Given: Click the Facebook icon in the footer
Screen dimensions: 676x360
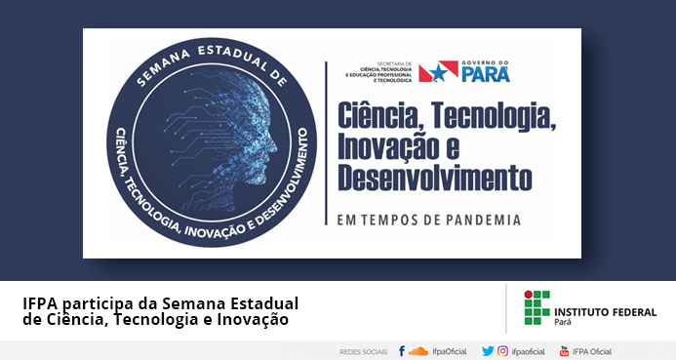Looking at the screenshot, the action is pyautogui.click(x=401, y=351).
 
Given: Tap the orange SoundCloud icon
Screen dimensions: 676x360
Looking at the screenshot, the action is pyautogui.click(x=418, y=351).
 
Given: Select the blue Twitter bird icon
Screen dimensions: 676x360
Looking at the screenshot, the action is pyautogui.click(x=488, y=351).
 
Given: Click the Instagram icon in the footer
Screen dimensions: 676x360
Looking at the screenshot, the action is pyautogui.click(x=502, y=351).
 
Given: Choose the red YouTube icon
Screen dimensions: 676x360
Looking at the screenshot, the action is pyautogui.click(x=564, y=351).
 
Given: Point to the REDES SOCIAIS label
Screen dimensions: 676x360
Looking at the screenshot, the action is pyautogui.click(x=364, y=352).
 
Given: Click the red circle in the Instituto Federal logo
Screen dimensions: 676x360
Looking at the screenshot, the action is pyautogui.click(x=529, y=295).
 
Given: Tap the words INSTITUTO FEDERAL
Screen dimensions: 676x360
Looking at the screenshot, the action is pyautogui.click(x=606, y=312).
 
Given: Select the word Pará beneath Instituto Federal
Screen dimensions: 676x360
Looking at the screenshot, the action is pyautogui.click(x=563, y=322).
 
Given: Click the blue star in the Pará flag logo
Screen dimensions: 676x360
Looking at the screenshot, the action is pyautogui.click(x=439, y=73).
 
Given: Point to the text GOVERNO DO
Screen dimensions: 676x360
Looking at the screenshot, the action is pyautogui.click(x=485, y=63).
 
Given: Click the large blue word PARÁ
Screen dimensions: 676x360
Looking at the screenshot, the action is pyautogui.click(x=486, y=74).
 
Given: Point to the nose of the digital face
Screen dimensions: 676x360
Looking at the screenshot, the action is pyautogui.click(x=273, y=146).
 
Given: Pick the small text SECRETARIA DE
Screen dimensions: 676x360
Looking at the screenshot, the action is pyautogui.click(x=394, y=63).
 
